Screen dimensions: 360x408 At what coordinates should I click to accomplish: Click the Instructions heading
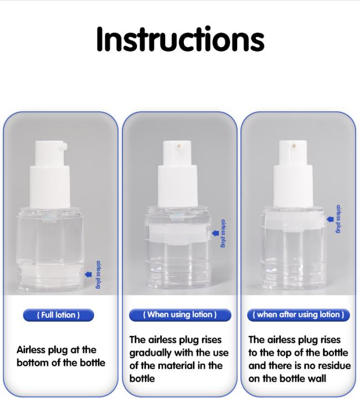pos(180,39)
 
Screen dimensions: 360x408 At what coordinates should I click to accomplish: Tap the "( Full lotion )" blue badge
pos(58,315)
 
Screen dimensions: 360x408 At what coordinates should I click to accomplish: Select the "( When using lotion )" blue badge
pos(180,315)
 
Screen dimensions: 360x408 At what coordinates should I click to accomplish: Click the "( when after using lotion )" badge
pos(299,315)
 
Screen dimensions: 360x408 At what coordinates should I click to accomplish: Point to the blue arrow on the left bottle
pos(89,274)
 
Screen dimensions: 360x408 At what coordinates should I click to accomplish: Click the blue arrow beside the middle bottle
pos(215,233)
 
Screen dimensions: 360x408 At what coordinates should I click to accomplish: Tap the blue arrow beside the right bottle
pos(330,219)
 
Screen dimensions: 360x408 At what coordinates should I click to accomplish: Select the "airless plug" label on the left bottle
pos(99,275)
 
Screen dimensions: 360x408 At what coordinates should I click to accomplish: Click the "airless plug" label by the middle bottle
pos(223,234)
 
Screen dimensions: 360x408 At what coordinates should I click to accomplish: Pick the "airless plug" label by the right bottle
pos(338,219)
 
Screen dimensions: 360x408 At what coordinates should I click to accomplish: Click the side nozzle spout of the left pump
pos(64,146)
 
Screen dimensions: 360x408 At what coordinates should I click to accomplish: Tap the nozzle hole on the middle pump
pos(179,147)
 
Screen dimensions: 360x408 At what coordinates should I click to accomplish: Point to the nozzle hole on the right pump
pos(294,146)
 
